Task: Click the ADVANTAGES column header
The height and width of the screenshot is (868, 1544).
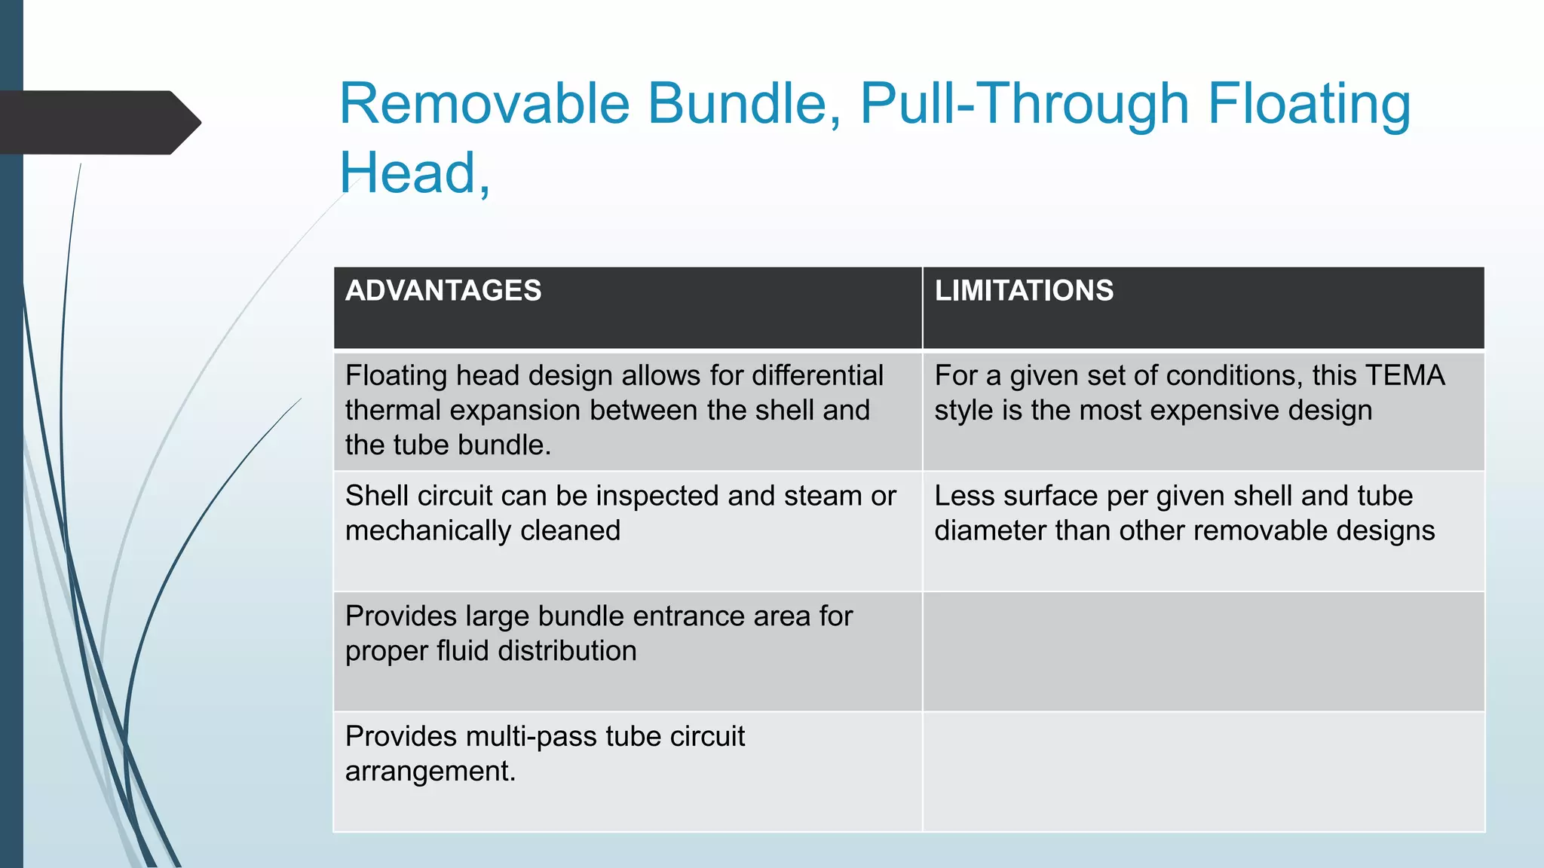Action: tap(443, 291)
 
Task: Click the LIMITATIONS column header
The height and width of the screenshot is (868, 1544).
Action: tap(1024, 291)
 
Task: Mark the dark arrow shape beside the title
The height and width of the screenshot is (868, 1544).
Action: tap(98, 122)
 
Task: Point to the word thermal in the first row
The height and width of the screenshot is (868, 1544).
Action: tap(393, 411)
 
